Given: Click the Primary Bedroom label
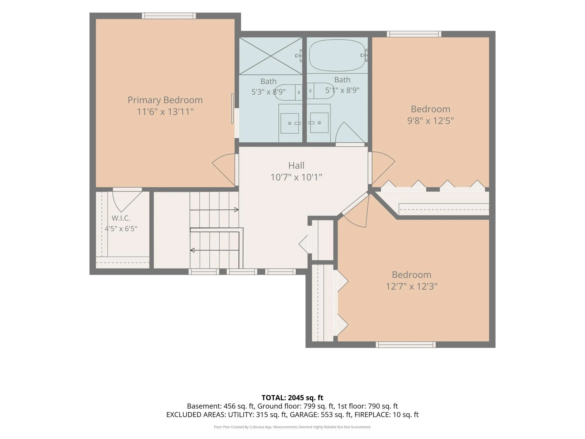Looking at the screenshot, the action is [165, 100].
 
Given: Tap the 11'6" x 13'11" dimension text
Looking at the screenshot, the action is [165, 112].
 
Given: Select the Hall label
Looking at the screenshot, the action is [296, 165].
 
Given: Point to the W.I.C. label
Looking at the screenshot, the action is [121, 218].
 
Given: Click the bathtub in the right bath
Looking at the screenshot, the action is [337, 55].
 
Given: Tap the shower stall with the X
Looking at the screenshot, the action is [271, 56].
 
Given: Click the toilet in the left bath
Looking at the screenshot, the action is [288, 92].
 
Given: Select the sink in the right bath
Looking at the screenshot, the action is [319, 123].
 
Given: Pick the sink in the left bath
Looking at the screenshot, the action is [290, 123].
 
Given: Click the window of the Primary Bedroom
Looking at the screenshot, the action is [169, 16].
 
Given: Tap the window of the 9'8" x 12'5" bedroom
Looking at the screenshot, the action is [414, 34].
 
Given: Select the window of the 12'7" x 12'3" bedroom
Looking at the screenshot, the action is [406, 344].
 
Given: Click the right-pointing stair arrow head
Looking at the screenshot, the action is [237, 210].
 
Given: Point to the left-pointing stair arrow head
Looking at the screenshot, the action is [192, 250].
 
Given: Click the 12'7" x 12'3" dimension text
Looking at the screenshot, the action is [411, 286].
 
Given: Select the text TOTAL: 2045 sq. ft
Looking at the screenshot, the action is [292, 398].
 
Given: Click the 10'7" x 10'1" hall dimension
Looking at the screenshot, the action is [296, 177].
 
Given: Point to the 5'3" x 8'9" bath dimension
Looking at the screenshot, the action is [268, 92].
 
